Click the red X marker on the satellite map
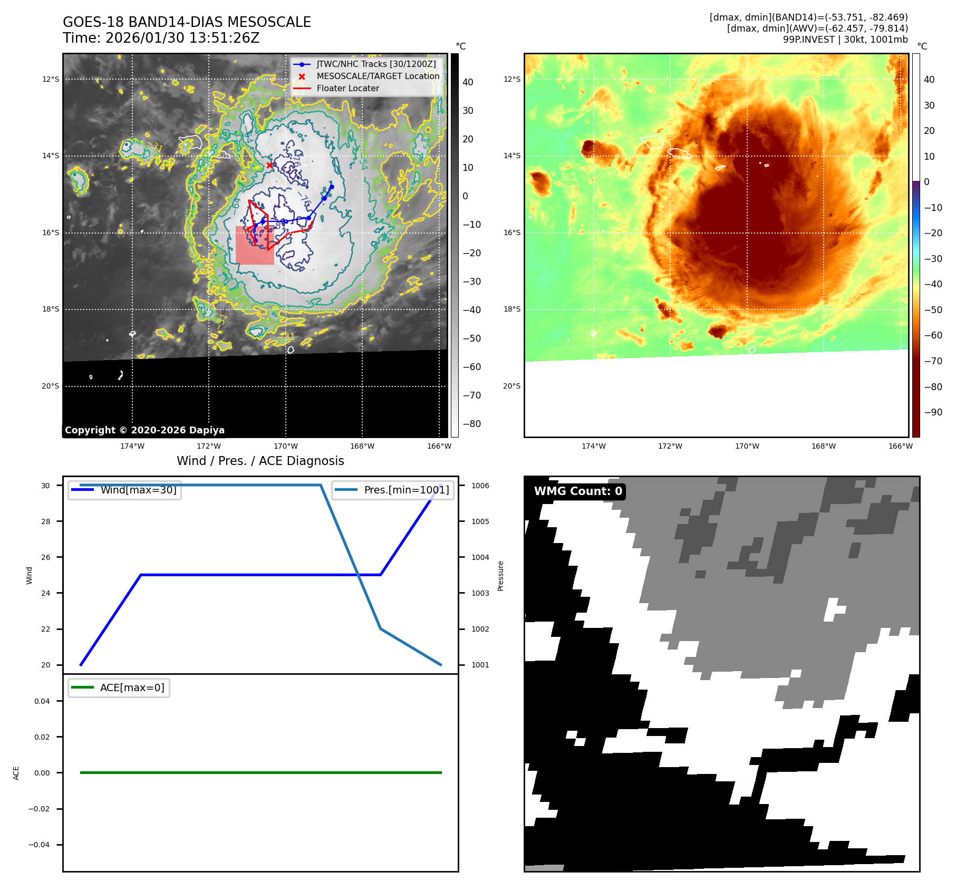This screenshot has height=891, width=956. point(269,165)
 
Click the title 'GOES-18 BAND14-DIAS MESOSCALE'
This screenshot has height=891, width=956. point(187,22)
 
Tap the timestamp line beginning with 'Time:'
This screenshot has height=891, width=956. point(161,38)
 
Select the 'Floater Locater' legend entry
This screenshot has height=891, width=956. point(347,89)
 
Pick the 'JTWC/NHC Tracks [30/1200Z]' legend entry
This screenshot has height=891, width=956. point(376,64)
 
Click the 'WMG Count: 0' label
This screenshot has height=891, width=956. point(578,491)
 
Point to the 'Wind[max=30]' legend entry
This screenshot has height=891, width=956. point(138,490)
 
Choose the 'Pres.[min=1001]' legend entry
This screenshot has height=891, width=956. point(406,490)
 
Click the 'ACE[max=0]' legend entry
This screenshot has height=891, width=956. point(132,687)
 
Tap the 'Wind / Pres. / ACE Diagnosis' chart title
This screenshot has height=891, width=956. point(260,461)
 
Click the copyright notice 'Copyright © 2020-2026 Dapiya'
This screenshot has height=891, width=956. point(144,430)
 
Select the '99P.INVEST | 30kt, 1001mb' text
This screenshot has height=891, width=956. point(845,40)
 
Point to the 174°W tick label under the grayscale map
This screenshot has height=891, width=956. point(132,446)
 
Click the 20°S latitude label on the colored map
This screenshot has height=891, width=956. point(511,386)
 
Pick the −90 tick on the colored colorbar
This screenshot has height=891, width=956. point(933,412)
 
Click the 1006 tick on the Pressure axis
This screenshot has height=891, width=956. point(480,486)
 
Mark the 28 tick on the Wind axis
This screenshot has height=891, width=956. point(46,521)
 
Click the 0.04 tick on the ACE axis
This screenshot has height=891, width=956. point(42,701)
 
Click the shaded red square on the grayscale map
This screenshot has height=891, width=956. point(255,245)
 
